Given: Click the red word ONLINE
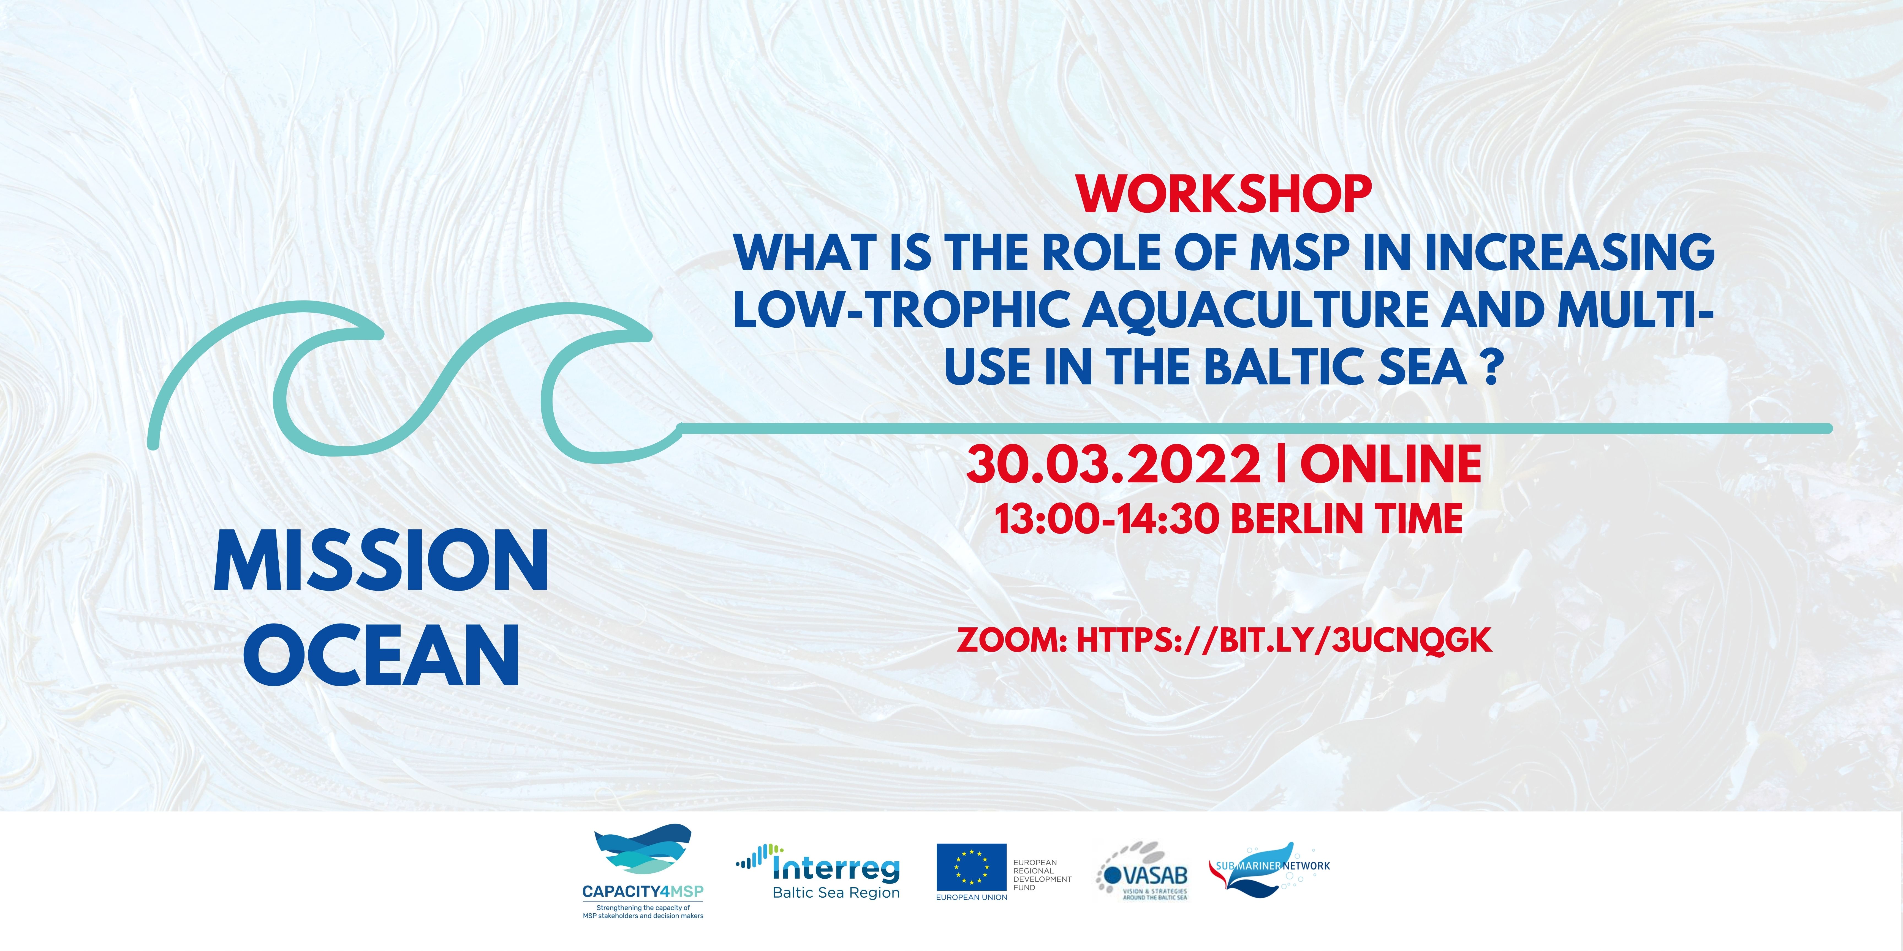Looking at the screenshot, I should pos(1390,465).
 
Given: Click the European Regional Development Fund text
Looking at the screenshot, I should pos(1042,875).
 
